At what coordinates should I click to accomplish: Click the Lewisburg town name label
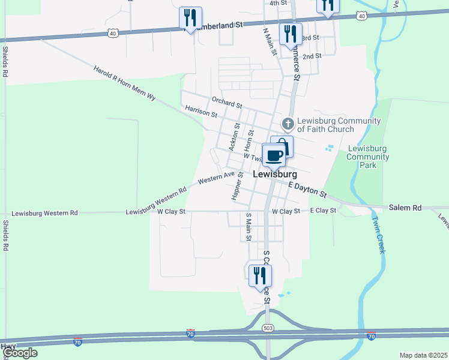pos(276,175)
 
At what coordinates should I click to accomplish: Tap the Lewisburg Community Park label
pos(369,157)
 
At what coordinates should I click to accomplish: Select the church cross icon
pos(288,124)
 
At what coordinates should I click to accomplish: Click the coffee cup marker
pos(274,156)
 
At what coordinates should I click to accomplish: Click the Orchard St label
pos(226,101)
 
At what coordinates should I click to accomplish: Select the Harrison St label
pos(200,112)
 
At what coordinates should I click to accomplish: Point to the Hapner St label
pos(237,186)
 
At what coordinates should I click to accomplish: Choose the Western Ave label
pos(216,178)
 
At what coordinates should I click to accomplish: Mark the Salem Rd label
pos(405,208)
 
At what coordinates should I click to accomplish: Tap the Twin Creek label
pos(378,235)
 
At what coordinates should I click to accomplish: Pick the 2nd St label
pos(312,56)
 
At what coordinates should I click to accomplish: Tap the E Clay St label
pos(323,211)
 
